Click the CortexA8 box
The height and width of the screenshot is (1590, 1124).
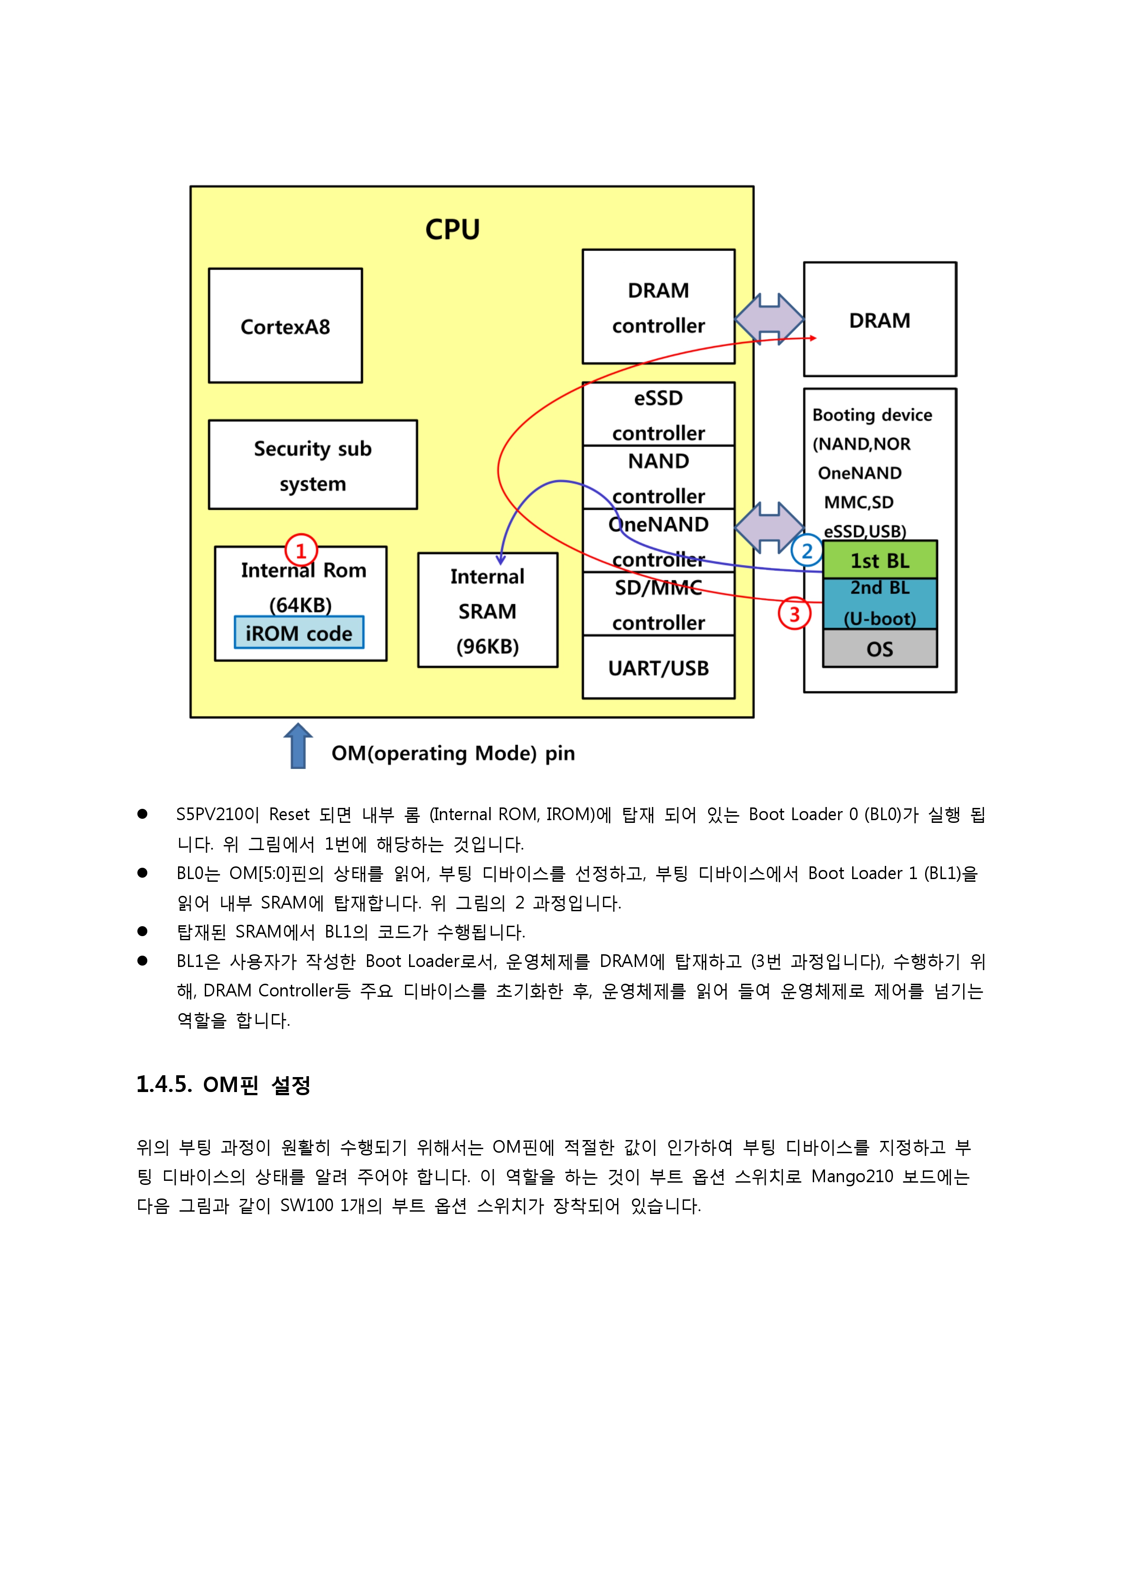285,325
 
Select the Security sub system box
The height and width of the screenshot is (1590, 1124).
313,464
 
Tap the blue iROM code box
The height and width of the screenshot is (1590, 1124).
299,632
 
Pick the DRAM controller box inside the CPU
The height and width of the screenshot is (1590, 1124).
659,307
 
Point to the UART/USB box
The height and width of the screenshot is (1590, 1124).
659,667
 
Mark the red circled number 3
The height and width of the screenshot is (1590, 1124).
794,614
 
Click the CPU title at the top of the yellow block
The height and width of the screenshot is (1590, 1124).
452,229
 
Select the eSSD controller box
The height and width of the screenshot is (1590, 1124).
659,414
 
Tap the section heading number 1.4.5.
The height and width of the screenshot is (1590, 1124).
164,1084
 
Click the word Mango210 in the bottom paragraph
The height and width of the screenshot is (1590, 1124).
852,1177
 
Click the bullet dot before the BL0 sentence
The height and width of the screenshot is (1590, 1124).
143,873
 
